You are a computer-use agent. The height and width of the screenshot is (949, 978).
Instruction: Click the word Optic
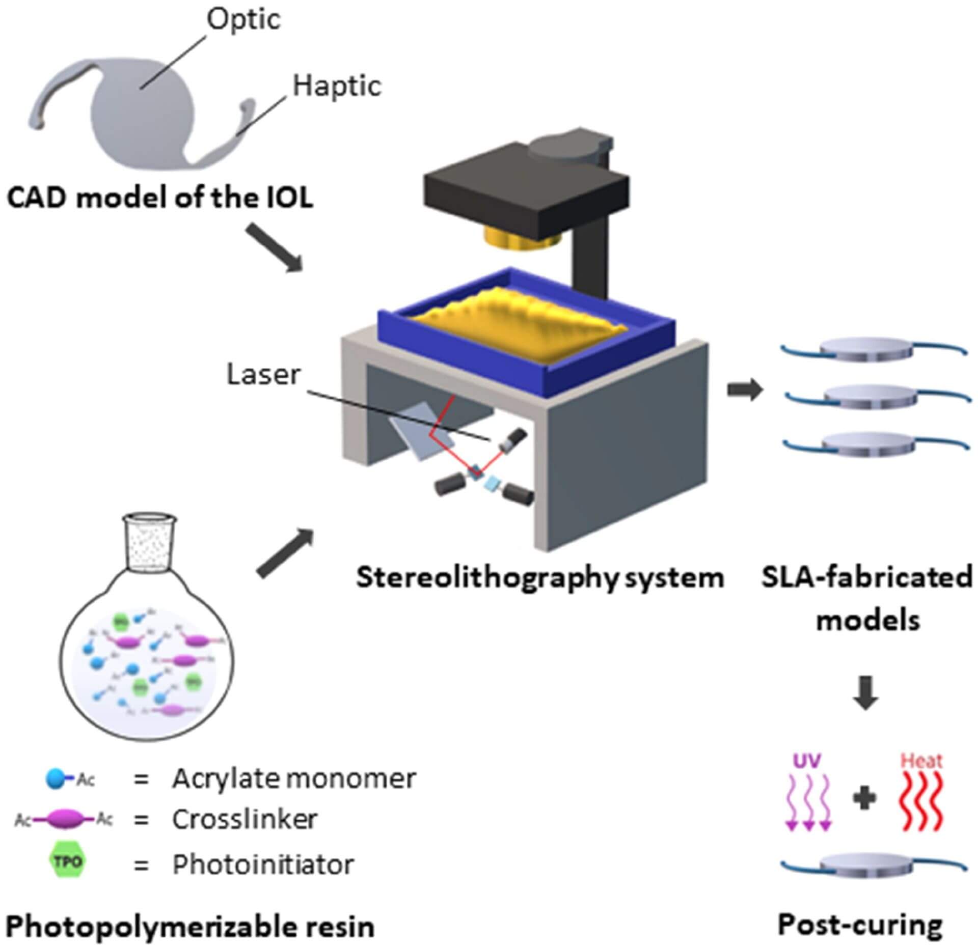(x=243, y=19)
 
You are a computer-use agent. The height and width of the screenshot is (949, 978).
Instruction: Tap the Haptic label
(x=337, y=86)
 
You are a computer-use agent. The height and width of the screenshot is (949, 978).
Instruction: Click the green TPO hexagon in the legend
(x=67, y=861)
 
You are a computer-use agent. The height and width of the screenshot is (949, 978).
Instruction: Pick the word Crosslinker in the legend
(x=244, y=819)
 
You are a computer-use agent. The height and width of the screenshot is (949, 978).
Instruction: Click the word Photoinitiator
(x=263, y=864)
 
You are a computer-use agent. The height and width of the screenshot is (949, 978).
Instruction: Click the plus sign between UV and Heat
(x=864, y=798)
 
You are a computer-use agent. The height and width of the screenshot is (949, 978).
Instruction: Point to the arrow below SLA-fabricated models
(x=865, y=693)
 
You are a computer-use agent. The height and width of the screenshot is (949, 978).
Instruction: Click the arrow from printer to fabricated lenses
(x=745, y=390)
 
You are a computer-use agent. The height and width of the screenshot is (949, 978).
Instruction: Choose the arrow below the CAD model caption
(x=275, y=248)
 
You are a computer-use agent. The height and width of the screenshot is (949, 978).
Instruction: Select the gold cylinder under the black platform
(x=522, y=237)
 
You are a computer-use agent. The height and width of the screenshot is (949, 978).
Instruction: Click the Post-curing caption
(x=860, y=925)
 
